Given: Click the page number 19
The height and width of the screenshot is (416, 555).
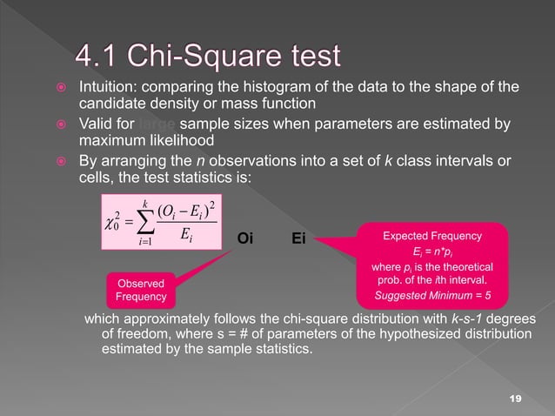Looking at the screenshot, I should coord(515,397).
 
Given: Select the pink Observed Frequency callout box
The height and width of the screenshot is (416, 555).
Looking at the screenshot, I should coord(135,290).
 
